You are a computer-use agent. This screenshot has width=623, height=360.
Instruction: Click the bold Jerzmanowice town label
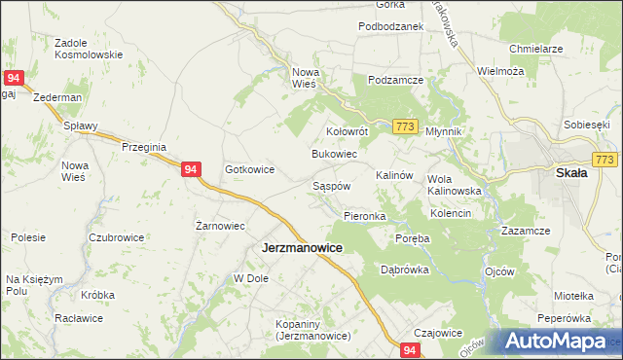301,248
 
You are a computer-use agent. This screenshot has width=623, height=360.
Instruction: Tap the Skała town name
570,173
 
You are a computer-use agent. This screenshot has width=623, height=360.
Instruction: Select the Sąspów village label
331,185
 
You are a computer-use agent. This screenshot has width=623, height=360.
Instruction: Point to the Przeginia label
144,146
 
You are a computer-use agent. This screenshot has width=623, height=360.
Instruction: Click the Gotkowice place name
249,169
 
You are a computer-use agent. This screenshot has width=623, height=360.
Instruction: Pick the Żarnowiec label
219,225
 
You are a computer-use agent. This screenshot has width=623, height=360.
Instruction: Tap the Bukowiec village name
334,154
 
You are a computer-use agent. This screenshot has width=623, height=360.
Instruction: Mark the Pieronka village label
365,215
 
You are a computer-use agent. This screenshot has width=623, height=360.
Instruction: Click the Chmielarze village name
536,48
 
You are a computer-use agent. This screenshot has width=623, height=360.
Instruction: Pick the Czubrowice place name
116,237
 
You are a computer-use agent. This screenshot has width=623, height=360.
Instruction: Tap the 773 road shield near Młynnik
407,127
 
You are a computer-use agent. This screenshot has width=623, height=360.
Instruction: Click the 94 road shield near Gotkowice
192,169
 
